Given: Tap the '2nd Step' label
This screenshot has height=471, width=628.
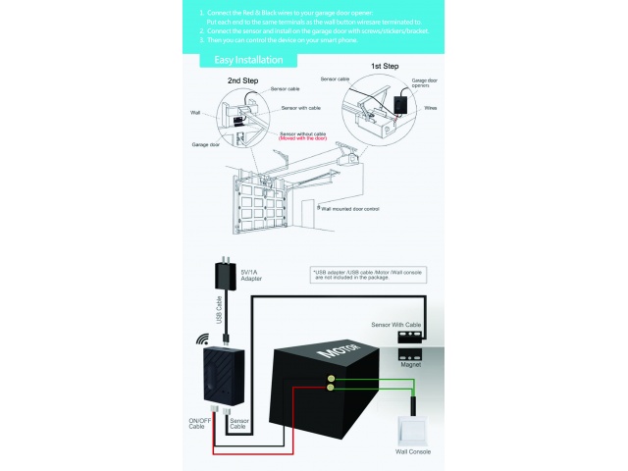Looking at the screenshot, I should [x=241, y=80].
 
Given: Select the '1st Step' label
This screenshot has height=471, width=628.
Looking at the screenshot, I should [x=384, y=66].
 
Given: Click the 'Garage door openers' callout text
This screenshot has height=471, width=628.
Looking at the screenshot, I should [x=424, y=84].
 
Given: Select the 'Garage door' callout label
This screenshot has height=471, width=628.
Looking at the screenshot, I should [x=206, y=144].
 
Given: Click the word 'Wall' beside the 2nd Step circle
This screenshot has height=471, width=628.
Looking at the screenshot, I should [x=194, y=113].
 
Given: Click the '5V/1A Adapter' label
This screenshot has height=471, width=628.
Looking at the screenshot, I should [x=252, y=275].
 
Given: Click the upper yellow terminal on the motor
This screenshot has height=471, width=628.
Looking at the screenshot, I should [x=332, y=378].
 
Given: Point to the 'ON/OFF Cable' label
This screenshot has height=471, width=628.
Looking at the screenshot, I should [x=199, y=425].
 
